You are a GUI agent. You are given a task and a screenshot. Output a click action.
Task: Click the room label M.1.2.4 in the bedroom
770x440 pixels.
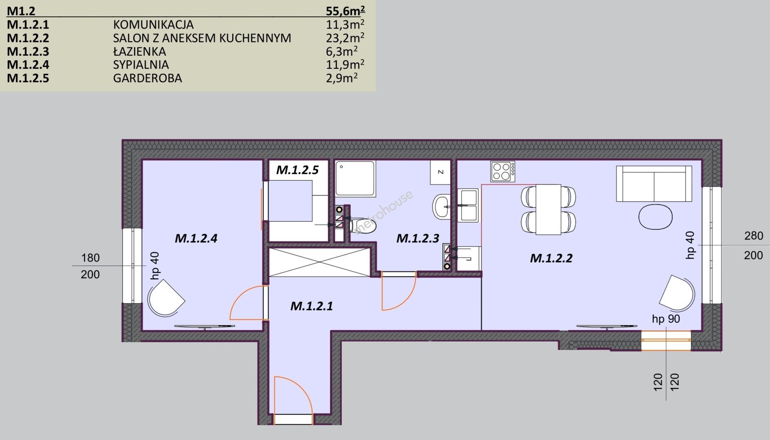(x=196, y=238)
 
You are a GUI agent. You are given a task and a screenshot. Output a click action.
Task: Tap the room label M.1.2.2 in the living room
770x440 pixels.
(x=551, y=258)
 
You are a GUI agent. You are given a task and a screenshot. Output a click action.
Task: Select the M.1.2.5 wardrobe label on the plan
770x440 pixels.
(x=297, y=170)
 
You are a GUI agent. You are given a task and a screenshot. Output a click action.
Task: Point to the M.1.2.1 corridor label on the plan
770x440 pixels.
(x=312, y=306)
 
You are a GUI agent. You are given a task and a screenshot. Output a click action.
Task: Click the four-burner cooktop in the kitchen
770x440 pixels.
(x=503, y=172)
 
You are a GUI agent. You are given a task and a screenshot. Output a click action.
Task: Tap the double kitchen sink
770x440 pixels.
(x=468, y=205)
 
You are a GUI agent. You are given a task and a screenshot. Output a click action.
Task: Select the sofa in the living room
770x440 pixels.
(x=654, y=184)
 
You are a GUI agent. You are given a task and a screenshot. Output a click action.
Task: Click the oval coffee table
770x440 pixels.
(x=655, y=217)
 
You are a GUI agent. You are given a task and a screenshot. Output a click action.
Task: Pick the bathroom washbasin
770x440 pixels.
(x=442, y=207)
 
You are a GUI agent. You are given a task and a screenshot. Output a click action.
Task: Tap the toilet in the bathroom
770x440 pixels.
(x=363, y=224)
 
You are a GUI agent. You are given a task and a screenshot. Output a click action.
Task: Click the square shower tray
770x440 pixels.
(x=355, y=178)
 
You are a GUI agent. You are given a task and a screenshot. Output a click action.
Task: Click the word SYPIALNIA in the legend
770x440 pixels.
(x=141, y=65)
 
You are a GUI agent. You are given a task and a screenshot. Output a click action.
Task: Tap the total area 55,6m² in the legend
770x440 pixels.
(x=345, y=11)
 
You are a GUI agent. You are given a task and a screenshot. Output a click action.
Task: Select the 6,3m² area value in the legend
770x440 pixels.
(x=342, y=51)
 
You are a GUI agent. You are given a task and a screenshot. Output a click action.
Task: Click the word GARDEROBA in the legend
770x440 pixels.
(x=147, y=78)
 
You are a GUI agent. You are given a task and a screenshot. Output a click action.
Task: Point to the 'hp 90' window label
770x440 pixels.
(x=666, y=319)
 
